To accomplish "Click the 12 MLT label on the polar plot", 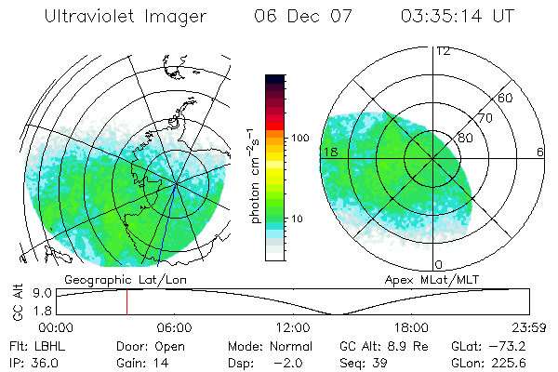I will pyautogui.click(x=443, y=51).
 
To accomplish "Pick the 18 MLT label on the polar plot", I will pyautogui.click(x=328, y=152).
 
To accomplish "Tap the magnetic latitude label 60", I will pyautogui.click(x=506, y=98).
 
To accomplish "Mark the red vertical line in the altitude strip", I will pyautogui.click(x=127, y=301).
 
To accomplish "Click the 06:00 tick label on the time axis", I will pyautogui.click(x=174, y=327).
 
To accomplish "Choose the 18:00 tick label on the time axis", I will pyautogui.click(x=411, y=327).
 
